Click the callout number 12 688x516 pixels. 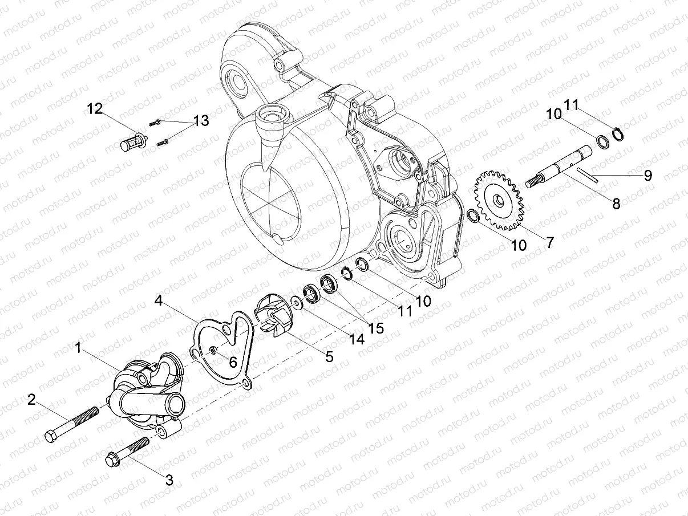coord(95,109)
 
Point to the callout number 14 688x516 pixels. coord(356,339)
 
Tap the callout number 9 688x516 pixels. coord(647,176)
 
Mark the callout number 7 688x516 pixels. coord(549,242)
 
